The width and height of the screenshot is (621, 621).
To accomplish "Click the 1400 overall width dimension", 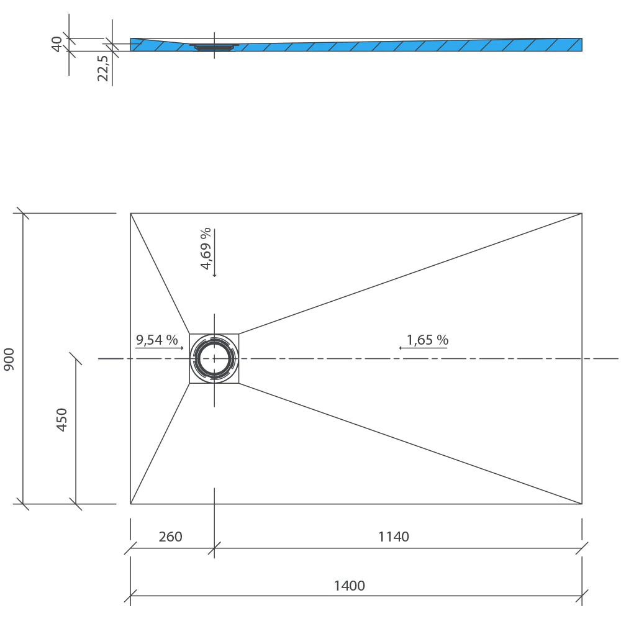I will coord(349,586).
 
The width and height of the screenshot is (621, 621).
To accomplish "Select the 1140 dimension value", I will coord(394,537).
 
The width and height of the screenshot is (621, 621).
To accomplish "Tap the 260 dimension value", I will coord(170,537).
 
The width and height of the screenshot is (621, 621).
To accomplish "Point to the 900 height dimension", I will coord(9,359).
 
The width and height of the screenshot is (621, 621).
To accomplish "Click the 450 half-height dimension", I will coord(62,419).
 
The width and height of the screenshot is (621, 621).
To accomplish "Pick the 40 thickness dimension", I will coord(57,43).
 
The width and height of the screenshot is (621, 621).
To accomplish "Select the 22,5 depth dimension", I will coord(103,68).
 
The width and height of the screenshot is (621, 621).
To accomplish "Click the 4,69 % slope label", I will coord(206,248).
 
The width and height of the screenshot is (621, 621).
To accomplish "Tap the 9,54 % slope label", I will coord(157,340).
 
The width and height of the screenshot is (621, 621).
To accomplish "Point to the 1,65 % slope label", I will coord(427,340).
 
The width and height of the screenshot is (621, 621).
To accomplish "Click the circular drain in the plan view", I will coord(214,358).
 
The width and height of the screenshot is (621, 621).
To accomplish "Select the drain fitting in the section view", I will coord(214,47).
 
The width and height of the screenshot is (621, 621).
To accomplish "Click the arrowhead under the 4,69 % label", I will coord(214,275).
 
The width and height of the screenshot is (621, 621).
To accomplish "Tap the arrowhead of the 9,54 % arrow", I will coord(182,348).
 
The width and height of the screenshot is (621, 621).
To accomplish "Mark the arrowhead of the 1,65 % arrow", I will coord(401,348).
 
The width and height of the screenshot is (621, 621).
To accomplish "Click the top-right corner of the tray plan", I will coord(582,213).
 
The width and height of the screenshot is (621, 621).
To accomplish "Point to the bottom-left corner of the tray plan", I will coord(130,504).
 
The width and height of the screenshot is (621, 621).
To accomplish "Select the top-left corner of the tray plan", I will coord(130,213).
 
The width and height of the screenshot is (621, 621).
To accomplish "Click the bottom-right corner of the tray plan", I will coord(582,504).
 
